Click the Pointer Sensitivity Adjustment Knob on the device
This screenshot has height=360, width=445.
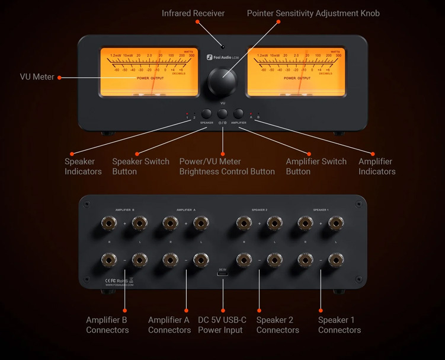[222, 82]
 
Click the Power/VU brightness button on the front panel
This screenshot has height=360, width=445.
[223, 114]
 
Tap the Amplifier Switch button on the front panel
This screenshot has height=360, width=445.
[239, 114]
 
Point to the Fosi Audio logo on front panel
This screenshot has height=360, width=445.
[222, 58]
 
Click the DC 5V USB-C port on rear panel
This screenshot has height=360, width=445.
[223, 276]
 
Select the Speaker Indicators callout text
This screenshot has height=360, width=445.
[83, 167]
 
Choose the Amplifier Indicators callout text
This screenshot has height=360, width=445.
[377, 167]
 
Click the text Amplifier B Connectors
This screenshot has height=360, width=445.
[107, 325]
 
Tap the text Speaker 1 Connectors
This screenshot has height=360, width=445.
[340, 325]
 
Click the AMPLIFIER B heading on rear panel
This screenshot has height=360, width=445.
[125, 210]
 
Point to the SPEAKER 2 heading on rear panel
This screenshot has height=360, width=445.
[259, 210]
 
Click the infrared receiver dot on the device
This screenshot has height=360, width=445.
[223, 45]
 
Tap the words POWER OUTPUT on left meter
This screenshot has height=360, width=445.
[150, 78]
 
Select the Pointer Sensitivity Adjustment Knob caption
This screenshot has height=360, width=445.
[313, 12]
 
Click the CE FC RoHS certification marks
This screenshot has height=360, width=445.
[116, 280]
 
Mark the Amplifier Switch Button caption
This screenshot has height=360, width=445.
[316, 167]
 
